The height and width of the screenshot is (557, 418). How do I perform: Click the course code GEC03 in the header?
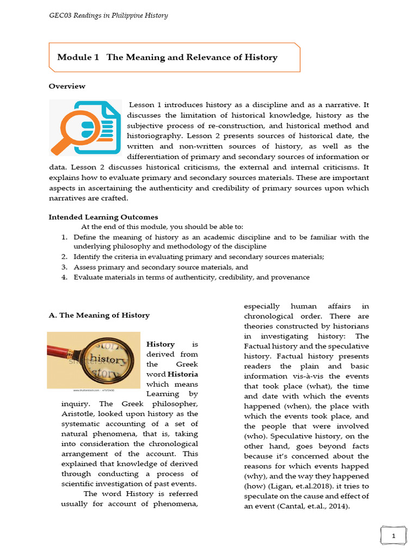pos(60,15)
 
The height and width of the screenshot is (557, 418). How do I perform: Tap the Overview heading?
pos(67,86)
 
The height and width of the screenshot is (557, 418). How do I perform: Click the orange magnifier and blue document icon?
pos(85,128)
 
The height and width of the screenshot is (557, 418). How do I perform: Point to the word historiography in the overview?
pos(152,136)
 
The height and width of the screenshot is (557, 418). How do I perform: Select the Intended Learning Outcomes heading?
pos(103,217)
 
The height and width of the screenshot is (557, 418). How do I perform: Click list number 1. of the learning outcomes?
pos(64,237)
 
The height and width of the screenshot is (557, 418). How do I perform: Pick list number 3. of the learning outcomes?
pos(64,267)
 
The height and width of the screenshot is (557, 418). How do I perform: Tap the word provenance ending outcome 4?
pos(292,277)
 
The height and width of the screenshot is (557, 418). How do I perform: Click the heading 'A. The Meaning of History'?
pos(99,315)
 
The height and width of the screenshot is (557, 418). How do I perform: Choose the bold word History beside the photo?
pos(161,344)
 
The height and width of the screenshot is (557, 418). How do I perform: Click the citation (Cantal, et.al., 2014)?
pos(312,506)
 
